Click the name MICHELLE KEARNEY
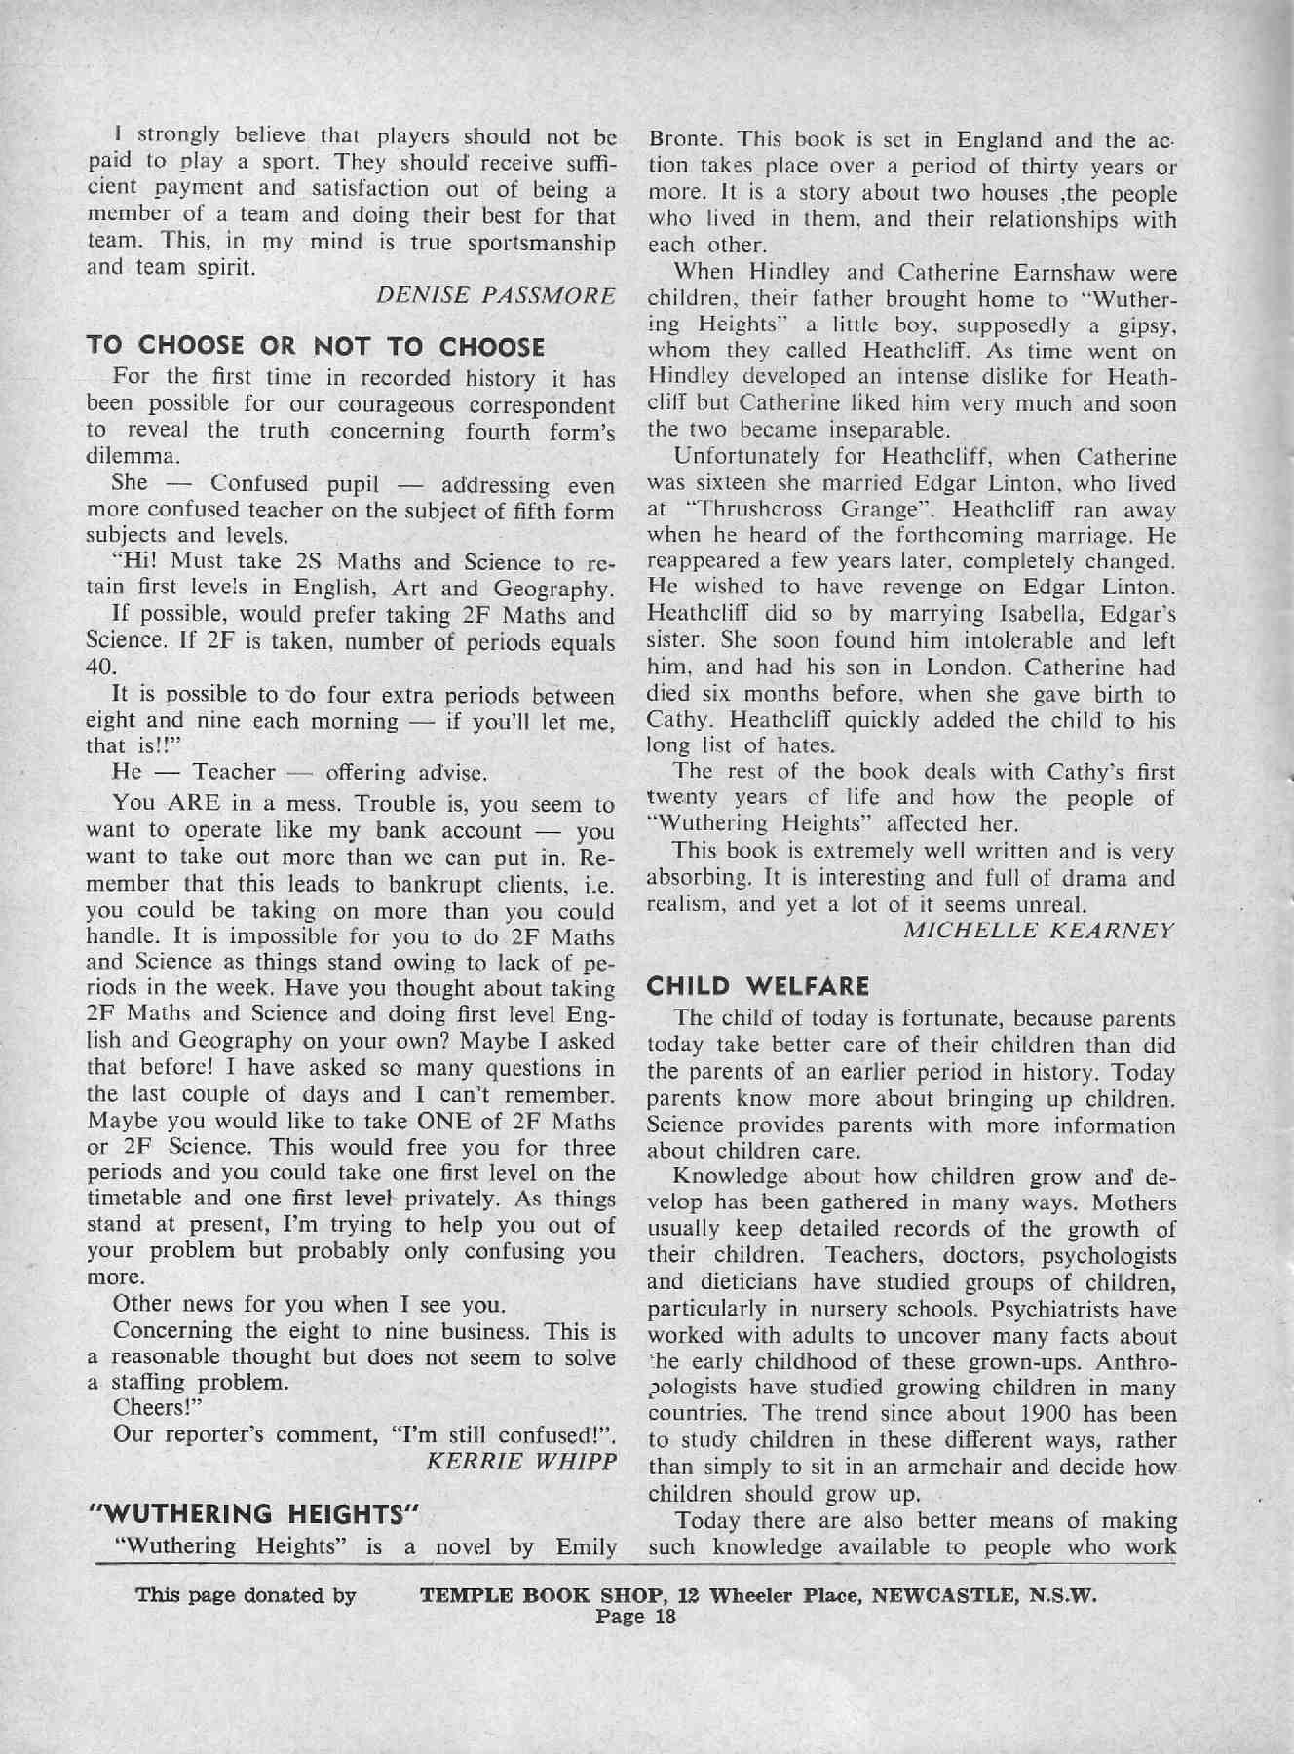coord(1039,931)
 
